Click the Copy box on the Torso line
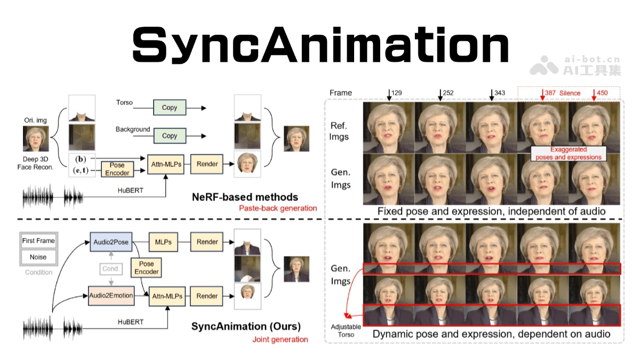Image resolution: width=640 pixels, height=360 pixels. tap(170, 108)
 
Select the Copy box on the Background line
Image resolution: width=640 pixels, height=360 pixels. tap(170, 136)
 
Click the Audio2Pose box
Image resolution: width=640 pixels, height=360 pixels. tap(111, 242)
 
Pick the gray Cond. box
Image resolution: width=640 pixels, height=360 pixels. tap(111, 269)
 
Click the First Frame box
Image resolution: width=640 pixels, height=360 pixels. tap(38, 241)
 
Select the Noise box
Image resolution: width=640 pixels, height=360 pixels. tap(38, 257)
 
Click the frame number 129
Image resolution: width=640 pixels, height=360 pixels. tap(396, 93)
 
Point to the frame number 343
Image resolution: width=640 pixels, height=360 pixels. tap(499, 93)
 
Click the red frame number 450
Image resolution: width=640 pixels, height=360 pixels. tap(602, 93)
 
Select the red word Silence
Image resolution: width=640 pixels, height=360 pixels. tap(570, 93)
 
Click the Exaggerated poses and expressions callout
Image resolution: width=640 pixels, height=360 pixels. tap(569, 154)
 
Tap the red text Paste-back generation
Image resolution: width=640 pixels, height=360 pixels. tap(278, 209)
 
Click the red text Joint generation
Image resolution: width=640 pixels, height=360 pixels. tap(280, 339)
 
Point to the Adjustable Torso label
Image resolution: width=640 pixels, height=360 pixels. tap(347, 330)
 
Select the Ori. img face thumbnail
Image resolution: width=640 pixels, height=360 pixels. tap(36, 139)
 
